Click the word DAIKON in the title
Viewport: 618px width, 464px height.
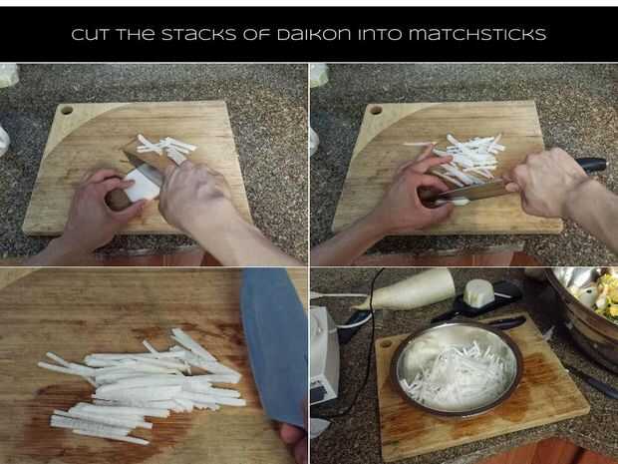314,34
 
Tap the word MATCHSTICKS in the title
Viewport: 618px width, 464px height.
477,34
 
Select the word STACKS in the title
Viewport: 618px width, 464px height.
198,34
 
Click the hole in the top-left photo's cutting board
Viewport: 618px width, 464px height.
67,110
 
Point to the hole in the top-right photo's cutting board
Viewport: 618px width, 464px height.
375,110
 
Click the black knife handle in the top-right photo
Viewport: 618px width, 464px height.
591,164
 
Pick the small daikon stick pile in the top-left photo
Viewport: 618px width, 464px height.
165,148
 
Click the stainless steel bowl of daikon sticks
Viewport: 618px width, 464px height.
457,369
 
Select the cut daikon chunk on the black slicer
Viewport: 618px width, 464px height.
478,292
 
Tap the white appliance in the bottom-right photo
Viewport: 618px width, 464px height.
324,355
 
